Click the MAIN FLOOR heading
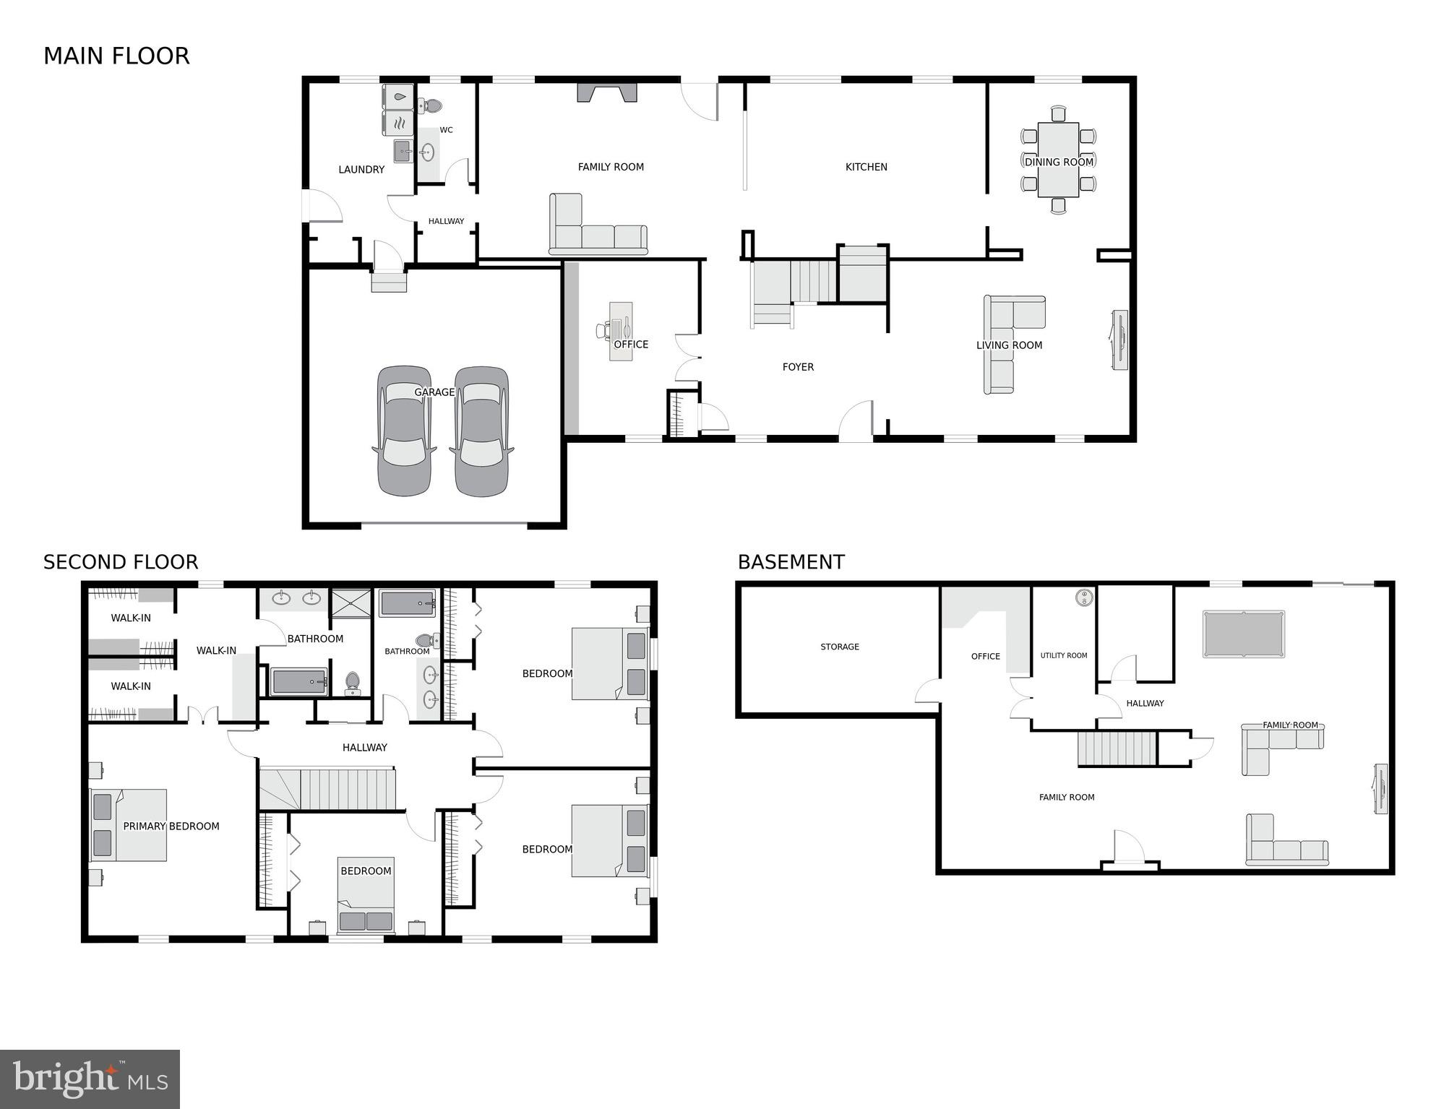[116, 56]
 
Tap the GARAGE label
[434, 392]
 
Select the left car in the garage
[404, 431]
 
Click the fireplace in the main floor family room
[607, 92]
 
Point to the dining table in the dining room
[1058, 160]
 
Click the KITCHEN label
[866, 167]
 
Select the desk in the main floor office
[621, 330]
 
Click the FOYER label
[798, 367]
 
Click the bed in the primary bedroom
[129, 825]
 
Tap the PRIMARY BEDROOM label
[171, 827]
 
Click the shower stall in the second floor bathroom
[351, 604]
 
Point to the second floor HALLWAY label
[364, 748]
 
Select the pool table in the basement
[1243, 634]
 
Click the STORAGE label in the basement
[839, 647]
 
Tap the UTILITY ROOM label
[1063, 655]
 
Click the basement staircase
[1117, 748]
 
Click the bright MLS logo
[90, 1079]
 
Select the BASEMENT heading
[791, 562]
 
